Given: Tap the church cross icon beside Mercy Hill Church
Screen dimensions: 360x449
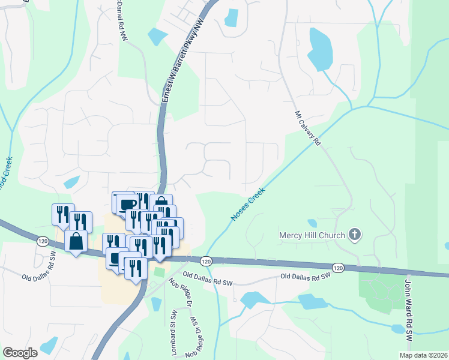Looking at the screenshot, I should pyautogui.click(x=355, y=234).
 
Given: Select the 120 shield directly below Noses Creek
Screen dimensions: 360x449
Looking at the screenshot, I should pyautogui.click(x=206, y=262).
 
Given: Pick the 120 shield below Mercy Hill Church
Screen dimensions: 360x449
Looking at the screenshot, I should pyautogui.click(x=338, y=267).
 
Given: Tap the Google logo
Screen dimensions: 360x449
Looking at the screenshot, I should pyautogui.click(x=20, y=353).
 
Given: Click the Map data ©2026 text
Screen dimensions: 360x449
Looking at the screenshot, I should pyautogui.click(x=423, y=355).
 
